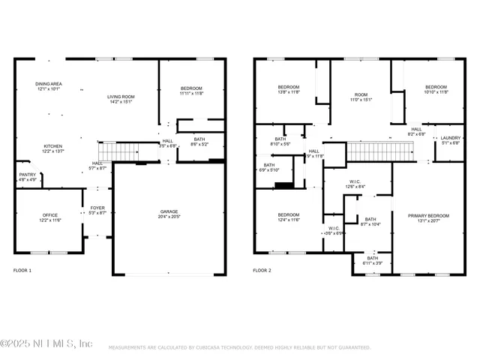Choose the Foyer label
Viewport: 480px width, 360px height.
coord(98,210)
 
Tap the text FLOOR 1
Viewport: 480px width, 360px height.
coord(22,270)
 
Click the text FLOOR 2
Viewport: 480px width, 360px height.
coord(262,270)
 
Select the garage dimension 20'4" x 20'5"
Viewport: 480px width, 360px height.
coord(169,217)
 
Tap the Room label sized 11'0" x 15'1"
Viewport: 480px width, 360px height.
coord(361,97)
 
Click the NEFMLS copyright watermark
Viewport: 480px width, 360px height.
coord(46,343)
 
